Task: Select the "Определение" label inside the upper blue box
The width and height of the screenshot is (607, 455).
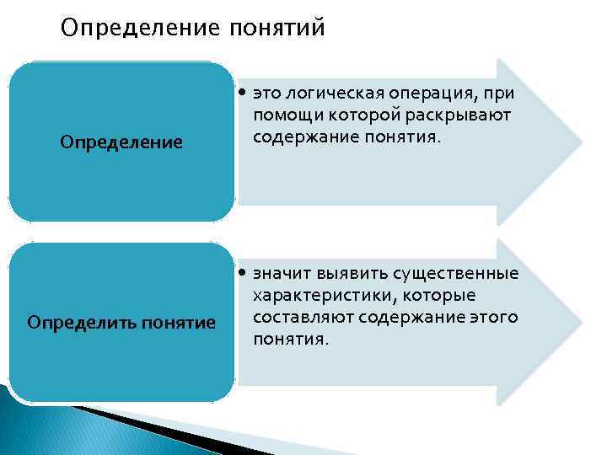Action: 121,142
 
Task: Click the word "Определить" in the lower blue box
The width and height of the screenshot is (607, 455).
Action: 74,323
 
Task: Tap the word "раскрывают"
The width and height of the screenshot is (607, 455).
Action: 468,115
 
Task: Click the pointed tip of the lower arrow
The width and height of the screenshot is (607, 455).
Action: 581,323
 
